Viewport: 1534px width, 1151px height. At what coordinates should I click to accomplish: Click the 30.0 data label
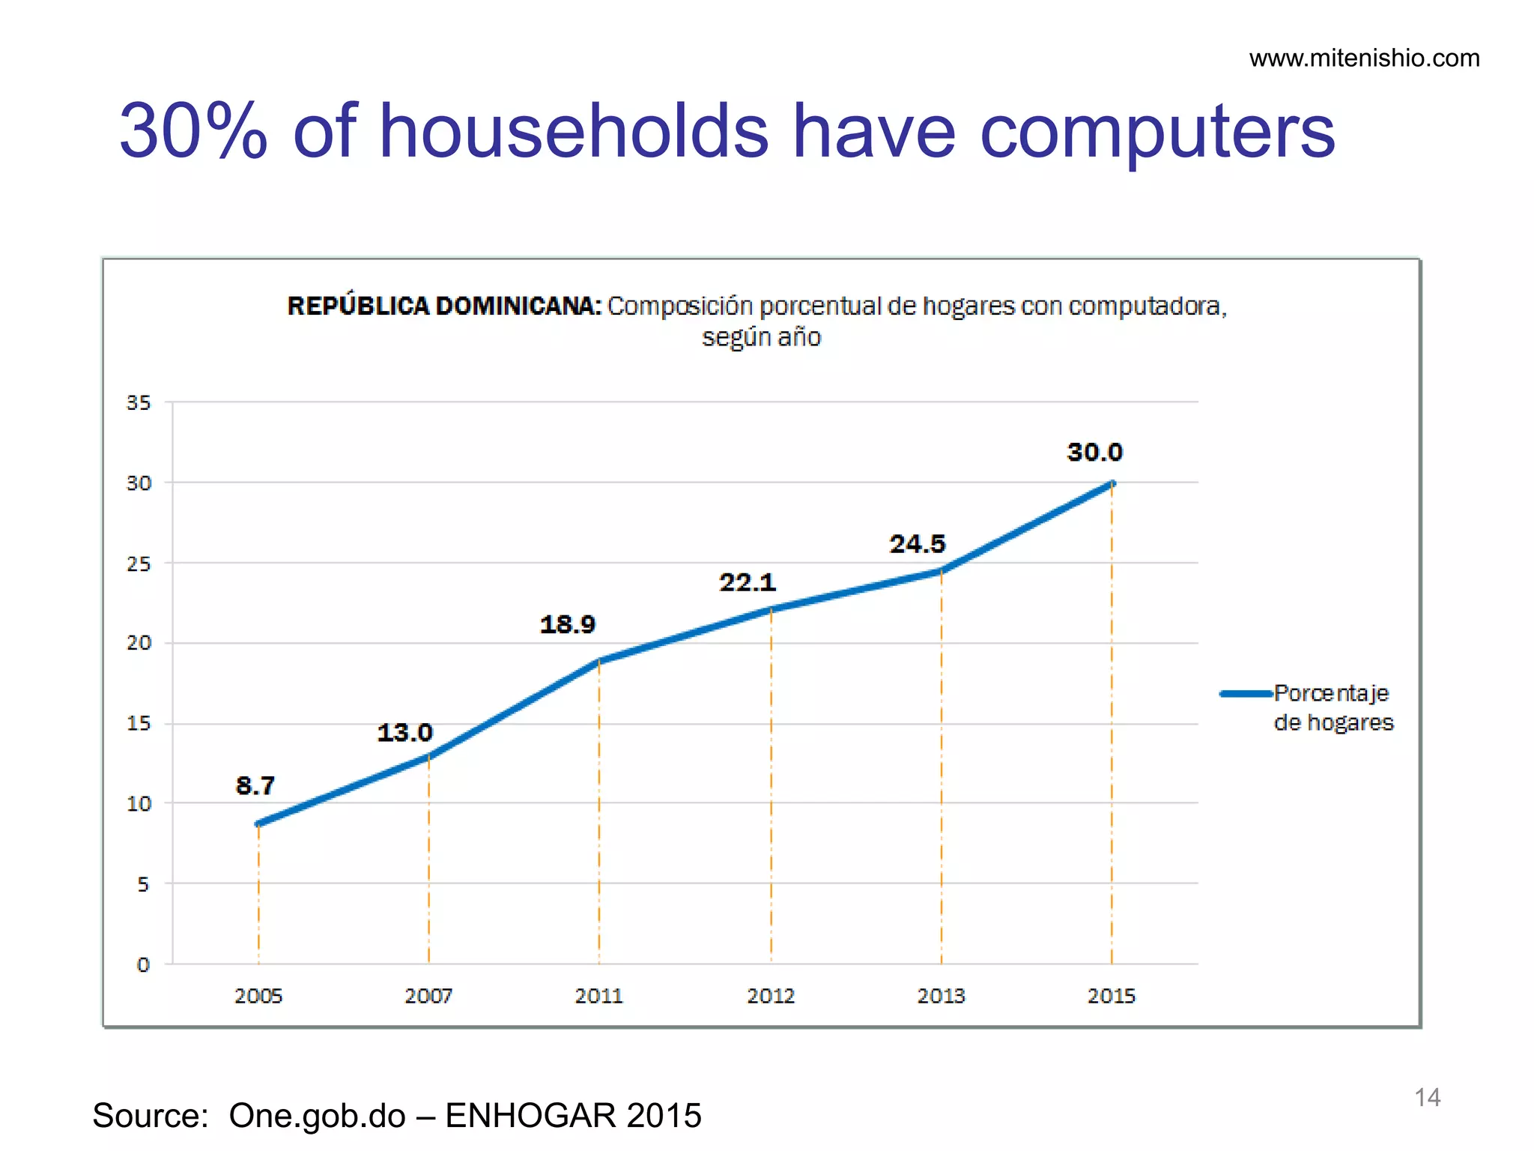pos(1094,453)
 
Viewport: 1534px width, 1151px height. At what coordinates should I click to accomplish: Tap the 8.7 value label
pos(255,785)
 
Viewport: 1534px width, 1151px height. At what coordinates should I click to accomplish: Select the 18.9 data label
pos(567,624)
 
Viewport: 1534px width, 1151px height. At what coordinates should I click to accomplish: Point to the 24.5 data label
pos(917,543)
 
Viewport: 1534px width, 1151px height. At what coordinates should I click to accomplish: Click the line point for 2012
pos(771,609)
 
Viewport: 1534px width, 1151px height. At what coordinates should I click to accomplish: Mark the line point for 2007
pos(428,755)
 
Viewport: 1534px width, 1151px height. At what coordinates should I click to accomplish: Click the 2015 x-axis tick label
pos(1111,996)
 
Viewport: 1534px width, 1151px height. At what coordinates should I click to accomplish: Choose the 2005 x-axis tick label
pos(258,996)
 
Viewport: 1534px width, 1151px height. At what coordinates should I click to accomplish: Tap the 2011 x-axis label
pos(598,996)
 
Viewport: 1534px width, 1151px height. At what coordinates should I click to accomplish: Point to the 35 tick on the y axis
pos(139,403)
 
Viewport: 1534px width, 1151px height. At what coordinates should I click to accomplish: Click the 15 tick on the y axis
pos(139,723)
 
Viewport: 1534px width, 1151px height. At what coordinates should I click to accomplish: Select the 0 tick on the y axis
pos(143,965)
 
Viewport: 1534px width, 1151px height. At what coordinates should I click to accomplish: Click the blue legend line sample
pos(1246,694)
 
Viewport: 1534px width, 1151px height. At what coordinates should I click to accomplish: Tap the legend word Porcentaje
pos(1331,693)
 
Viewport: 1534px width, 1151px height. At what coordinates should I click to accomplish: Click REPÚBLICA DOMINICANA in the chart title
pos(443,306)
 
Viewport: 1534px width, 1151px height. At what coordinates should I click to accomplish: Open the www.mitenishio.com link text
pos(1364,58)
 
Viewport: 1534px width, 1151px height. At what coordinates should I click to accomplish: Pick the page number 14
pos(1427,1097)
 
